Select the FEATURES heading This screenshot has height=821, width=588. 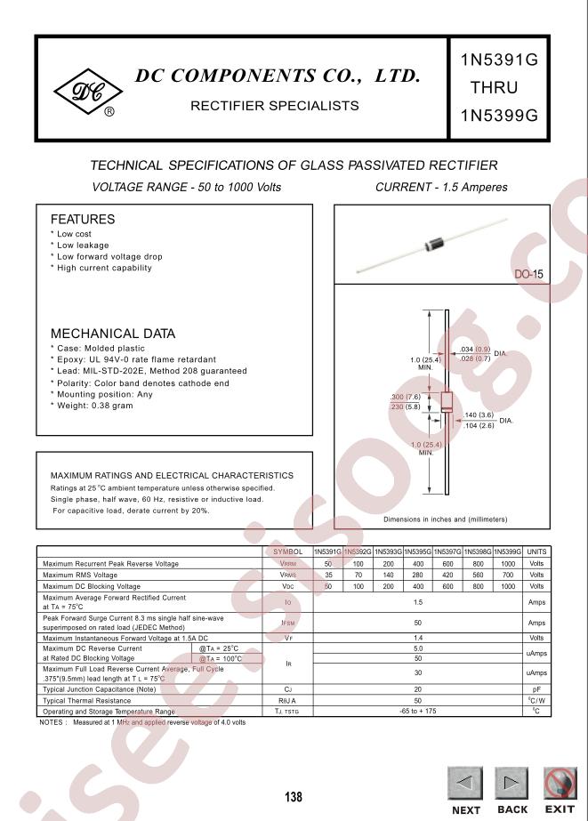pos(83,220)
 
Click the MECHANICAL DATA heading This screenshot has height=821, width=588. pos(113,334)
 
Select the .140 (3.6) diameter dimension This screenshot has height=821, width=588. pos(479,415)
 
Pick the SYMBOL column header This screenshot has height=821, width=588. pos(288,551)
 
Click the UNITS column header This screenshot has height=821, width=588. pos(536,551)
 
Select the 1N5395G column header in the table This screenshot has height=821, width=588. pos(417,551)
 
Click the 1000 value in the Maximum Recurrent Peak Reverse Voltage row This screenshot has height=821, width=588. pos(507,564)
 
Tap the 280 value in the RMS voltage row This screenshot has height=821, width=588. pos(417,576)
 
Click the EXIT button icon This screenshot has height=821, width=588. pos(559,783)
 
